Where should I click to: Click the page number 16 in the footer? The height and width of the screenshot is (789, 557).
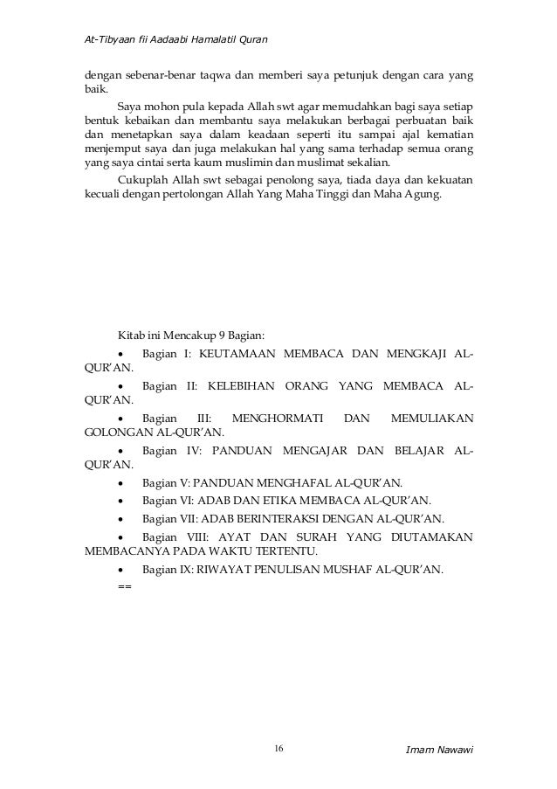[x=278, y=749]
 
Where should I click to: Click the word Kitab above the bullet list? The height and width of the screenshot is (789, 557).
[x=130, y=335]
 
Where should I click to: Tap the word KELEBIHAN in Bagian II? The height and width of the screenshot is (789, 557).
[x=246, y=386]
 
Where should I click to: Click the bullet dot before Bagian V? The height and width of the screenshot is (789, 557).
[x=120, y=484]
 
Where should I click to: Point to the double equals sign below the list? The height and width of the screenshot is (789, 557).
[x=123, y=585]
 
